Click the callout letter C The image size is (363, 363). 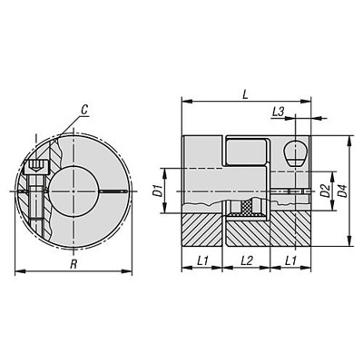tap(83, 110)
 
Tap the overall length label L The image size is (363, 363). tap(247, 92)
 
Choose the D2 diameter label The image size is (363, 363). tap(325, 191)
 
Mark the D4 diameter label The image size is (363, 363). tap(342, 191)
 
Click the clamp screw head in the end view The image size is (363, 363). tap(36, 166)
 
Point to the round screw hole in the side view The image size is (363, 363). tap(295, 152)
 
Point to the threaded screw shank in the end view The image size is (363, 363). tap(36, 200)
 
